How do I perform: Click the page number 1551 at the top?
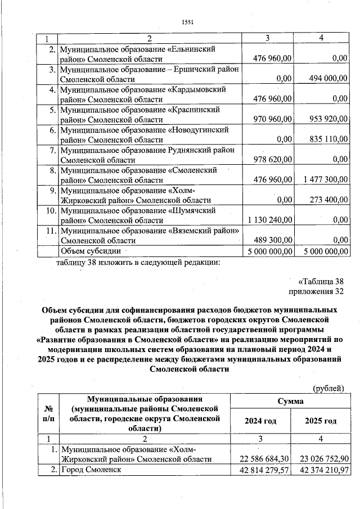click(188, 22)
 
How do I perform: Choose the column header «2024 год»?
click(262, 421)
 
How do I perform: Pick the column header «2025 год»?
click(321, 421)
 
